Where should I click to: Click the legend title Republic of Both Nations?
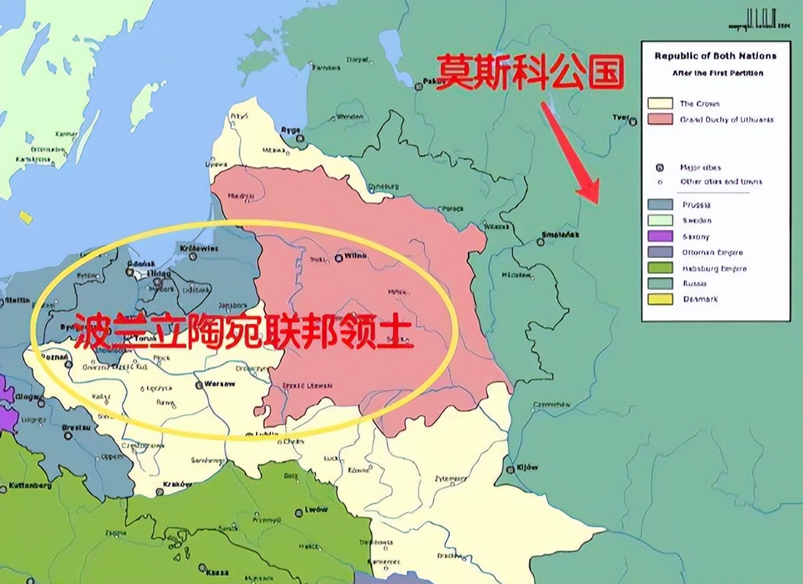click(715, 56)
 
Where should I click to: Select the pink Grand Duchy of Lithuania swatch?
click(660, 119)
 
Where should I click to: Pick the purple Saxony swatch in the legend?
click(660, 237)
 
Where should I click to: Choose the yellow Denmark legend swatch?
click(660, 300)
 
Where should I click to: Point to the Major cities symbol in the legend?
click(660, 167)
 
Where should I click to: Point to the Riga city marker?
click(301, 137)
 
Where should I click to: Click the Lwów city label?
click(319, 509)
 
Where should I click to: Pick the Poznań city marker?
click(68, 364)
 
